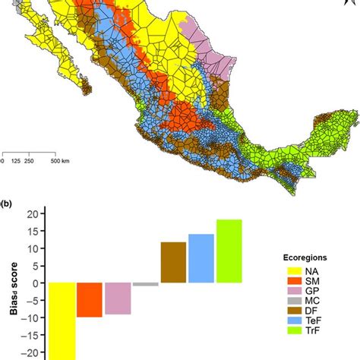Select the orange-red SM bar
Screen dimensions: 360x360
89,299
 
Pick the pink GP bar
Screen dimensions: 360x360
118,298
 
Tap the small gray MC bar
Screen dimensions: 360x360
146,284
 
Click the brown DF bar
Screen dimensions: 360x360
174,262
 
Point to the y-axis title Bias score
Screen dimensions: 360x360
11,283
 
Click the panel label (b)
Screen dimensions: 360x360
8,204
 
